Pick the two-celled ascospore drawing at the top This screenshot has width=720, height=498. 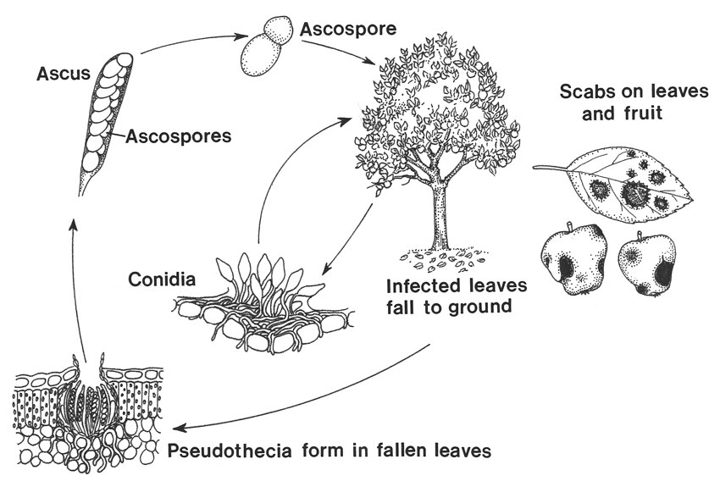click(x=264, y=51)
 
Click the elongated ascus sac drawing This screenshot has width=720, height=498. click(x=105, y=119)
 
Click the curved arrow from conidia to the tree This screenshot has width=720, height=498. click(x=280, y=169)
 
